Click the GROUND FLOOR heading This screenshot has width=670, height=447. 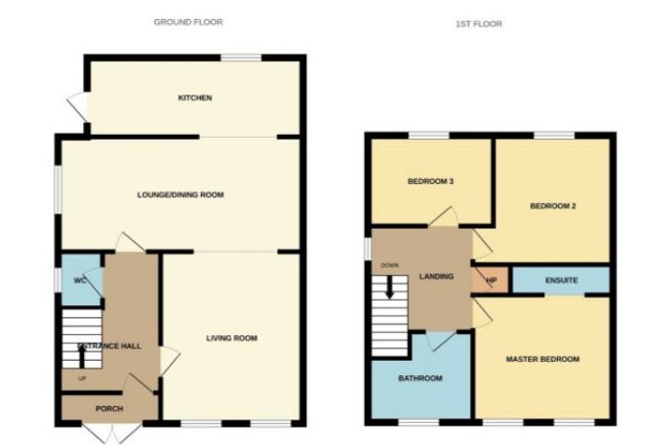click(188, 22)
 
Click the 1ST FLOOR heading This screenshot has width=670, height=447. click(479, 24)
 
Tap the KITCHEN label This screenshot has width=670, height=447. click(195, 98)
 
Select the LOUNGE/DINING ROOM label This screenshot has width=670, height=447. click(180, 195)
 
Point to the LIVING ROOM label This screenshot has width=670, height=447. click(232, 339)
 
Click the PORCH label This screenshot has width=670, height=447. click(109, 409)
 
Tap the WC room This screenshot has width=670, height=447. click(81, 279)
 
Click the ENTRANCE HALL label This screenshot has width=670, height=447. click(110, 346)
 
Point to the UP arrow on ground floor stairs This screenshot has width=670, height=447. click(82, 355)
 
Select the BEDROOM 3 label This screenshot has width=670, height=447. click(431, 181)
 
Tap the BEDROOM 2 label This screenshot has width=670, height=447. click(552, 206)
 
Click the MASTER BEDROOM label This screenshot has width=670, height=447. click(543, 359)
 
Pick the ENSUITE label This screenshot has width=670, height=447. click(562, 280)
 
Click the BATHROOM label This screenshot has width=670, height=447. click(420, 378)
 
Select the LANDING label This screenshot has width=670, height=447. click(435, 277)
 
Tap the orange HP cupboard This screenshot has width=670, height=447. click(490, 280)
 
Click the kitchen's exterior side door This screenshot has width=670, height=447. click(78, 106)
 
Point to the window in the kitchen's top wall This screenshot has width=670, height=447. click(241, 57)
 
